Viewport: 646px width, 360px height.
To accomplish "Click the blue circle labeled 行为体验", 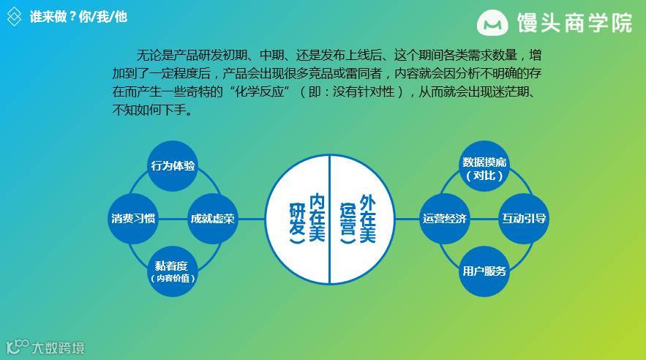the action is [173, 165].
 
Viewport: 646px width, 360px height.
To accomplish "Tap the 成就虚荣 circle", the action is [213, 218].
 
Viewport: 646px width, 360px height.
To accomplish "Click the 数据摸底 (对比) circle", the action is [484, 168].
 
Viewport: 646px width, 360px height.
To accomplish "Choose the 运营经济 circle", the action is [445, 218].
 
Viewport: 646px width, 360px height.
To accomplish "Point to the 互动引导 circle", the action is [524, 218].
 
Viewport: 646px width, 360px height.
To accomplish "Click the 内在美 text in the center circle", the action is [316, 218].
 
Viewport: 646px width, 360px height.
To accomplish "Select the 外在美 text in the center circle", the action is [367, 218].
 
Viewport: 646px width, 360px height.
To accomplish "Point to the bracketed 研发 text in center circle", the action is [296, 220].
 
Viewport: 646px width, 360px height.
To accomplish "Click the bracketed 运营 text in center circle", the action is [347, 220].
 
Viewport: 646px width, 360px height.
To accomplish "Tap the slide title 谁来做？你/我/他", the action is [78, 16].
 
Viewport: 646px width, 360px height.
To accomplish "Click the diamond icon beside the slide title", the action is [14, 16].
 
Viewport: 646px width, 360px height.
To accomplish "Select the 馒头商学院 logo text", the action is [574, 23].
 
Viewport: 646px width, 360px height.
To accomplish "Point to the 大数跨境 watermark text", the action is [57, 347].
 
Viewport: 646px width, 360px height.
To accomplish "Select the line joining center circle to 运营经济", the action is [407, 218].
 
